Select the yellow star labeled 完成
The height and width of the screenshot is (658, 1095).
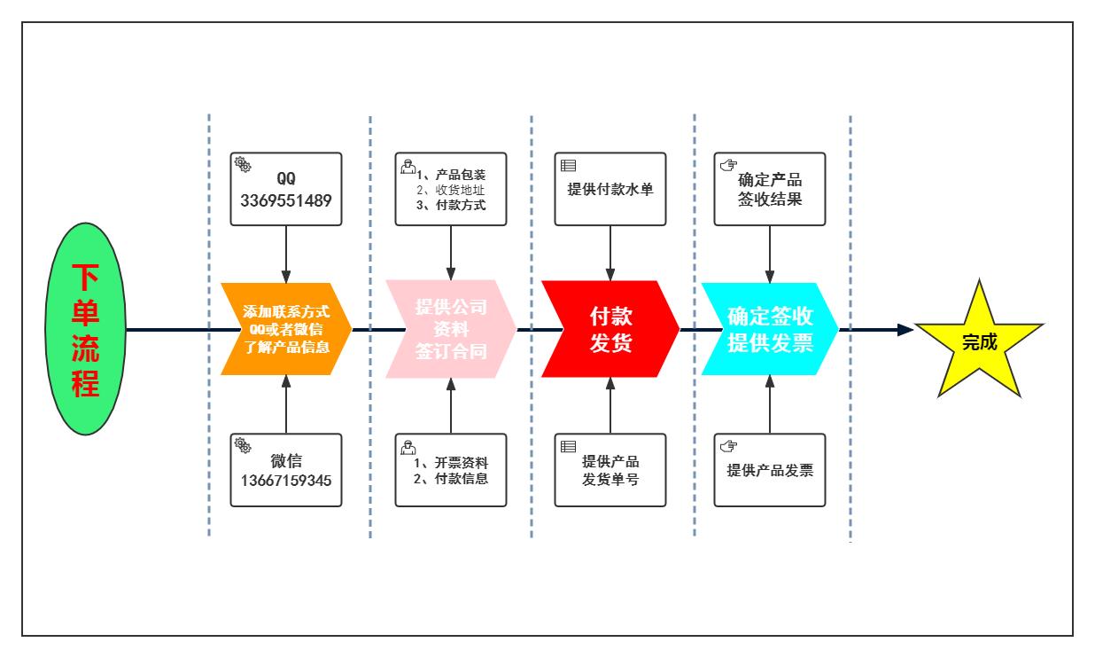[979, 341]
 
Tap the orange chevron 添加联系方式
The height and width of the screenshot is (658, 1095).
[285, 329]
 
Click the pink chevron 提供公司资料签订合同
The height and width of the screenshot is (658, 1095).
[451, 329]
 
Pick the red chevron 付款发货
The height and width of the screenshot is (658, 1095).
[610, 329]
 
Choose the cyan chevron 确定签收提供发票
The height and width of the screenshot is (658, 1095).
[770, 329]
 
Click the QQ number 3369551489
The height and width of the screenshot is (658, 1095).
[285, 200]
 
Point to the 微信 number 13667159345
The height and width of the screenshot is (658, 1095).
[285, 481]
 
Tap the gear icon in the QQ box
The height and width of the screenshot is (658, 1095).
[241, 164]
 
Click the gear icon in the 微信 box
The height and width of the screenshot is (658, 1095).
[241, 444]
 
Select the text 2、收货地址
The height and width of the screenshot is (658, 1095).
[451, 190]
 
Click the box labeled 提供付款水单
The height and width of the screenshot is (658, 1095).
[610, 189]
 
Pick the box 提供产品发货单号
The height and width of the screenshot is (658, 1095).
[610, 471]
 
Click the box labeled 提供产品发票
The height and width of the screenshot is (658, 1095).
[770, 471]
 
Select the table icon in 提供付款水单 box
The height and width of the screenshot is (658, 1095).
[568, 164]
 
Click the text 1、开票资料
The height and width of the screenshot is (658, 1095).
[451, 463]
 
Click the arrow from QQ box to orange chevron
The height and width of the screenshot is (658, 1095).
[286, 253]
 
